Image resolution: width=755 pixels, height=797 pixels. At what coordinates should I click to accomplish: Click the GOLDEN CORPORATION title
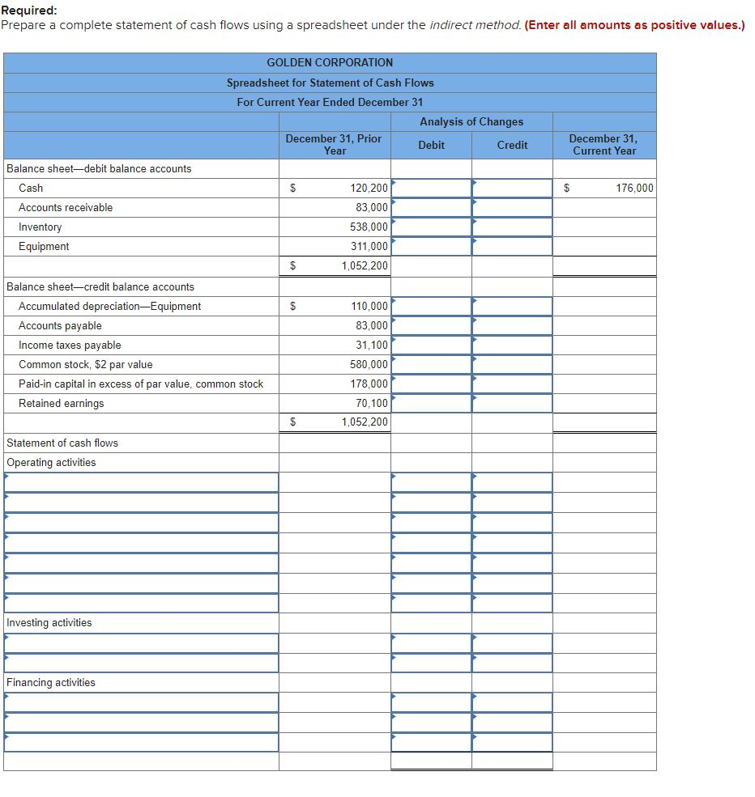pos(330,62)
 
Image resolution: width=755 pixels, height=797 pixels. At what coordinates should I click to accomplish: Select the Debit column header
pos(431,145)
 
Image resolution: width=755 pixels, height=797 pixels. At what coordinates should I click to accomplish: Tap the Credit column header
pos(512,145)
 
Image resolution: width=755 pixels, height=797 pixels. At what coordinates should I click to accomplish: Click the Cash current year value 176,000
pos(634,188)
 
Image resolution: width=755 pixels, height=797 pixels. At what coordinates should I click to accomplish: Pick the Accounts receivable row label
pos(66,207)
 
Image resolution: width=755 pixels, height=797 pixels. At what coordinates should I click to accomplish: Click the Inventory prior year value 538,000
pos(369,227)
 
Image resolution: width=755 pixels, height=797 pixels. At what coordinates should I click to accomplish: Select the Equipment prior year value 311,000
pos(369,246)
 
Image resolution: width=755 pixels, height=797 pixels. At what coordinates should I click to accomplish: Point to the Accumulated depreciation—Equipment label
pos(109,306)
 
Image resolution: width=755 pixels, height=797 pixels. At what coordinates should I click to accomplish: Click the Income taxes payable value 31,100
pos(372,345)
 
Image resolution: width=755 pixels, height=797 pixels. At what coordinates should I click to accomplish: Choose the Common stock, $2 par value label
pos(85,364)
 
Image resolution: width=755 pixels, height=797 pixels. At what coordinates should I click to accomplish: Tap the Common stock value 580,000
pos(369,364)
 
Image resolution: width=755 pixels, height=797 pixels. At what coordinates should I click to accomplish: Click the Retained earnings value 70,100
pos(372,403)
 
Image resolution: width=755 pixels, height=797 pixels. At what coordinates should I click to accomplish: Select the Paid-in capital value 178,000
pos(369,384)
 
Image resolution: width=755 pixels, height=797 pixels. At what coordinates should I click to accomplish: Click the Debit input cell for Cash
pos(431,188)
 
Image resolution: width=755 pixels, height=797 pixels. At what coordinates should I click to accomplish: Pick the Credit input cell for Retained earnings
pos(512,403)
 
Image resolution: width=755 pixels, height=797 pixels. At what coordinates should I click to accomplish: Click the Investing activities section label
pos(49,622)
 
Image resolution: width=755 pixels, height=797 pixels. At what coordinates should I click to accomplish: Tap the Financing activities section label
pos(50,682)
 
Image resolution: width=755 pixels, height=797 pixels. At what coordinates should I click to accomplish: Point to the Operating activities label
pos(50,462)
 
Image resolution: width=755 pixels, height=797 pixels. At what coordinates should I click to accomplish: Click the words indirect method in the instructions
pos(475,25)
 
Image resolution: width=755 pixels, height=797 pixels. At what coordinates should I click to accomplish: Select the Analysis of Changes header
pos(471,121)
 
